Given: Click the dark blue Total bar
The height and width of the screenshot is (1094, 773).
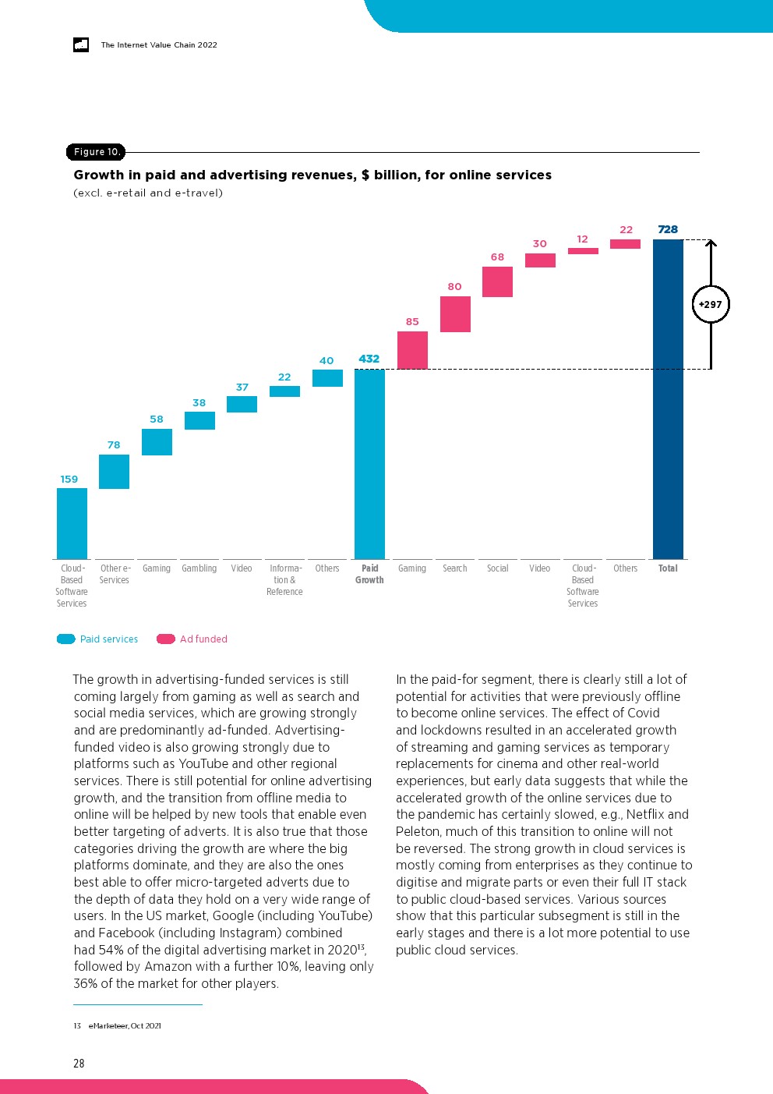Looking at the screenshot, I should click(668, 399).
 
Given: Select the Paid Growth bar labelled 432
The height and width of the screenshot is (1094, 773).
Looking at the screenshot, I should click(369, 464).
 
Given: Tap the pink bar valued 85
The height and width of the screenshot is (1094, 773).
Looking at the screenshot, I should click(412, 350).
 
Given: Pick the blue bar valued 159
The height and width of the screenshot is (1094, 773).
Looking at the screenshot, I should click(72, 523).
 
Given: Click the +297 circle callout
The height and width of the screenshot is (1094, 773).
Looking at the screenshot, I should click(711, 305).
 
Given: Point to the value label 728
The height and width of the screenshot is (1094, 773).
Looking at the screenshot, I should click(668, 229).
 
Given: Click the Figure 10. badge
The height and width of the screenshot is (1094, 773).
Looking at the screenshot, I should click(96, 152).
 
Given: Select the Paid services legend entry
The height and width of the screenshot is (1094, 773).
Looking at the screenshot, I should click(98, 639).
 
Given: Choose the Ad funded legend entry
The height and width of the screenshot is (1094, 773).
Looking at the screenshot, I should click(192, 639).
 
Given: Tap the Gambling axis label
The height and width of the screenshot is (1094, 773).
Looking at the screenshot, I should click(199, 568).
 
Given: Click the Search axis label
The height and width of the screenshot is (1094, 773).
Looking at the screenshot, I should click(455, 568).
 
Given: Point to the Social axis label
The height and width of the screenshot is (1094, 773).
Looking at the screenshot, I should click(497, 568).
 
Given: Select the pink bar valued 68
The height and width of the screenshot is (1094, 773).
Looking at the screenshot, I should click(497, 281).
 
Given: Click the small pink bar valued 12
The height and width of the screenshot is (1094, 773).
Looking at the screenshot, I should click(583, 251).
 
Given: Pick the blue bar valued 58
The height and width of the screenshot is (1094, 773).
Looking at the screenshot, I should click(157, 442).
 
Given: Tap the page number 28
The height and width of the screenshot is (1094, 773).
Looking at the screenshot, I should click(79, 1063).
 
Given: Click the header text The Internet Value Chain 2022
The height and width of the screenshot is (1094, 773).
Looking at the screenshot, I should click(159, 45).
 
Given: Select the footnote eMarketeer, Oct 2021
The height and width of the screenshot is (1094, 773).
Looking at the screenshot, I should click(125, 1025).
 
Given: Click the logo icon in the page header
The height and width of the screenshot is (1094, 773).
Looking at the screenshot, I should click(81, 45).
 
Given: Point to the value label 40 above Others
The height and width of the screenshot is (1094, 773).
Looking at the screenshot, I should click(326, 360).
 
